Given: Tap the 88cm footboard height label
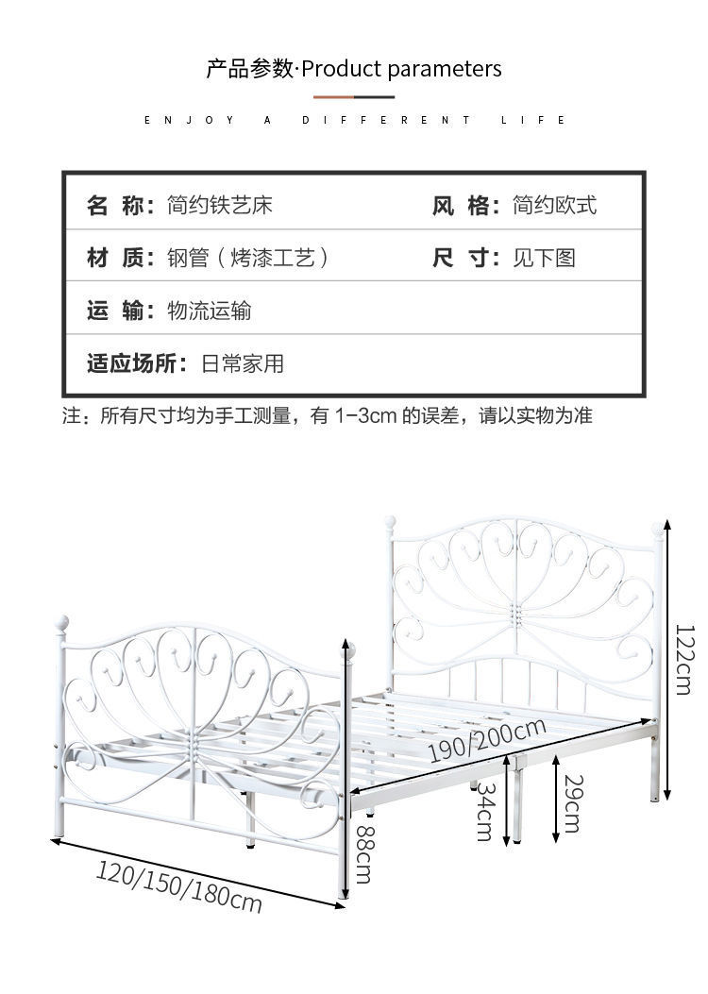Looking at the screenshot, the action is [362, 854].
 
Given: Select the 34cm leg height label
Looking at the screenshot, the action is [484, 810].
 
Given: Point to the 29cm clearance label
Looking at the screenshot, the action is [571, 803].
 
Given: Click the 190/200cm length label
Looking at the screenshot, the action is [487, 739].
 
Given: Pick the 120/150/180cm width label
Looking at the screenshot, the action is [178, 886].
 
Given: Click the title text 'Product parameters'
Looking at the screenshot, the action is [401, 69].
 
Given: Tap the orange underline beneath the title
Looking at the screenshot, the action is [333, 96].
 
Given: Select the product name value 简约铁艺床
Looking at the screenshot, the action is [220, 205].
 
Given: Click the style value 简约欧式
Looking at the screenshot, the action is [554, 205].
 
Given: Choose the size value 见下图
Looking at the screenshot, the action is [544, 258].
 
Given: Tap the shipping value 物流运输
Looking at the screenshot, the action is [209, 311].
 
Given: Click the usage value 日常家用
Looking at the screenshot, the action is [243, 363].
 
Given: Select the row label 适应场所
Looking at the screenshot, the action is [137, 363].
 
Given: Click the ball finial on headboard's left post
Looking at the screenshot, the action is [390, 521].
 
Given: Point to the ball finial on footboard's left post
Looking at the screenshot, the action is [62, 623].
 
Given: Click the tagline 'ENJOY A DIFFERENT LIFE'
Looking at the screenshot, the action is [354, 120].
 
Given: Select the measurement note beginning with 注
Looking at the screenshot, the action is [327, 415].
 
